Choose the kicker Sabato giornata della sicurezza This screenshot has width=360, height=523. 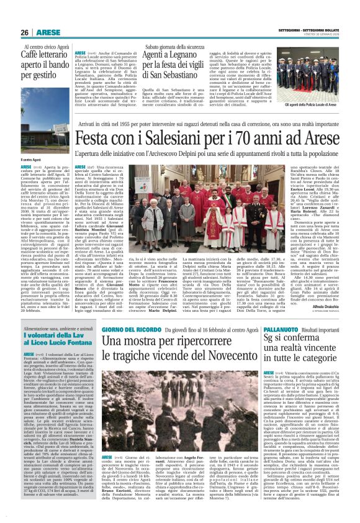(172, 47)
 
